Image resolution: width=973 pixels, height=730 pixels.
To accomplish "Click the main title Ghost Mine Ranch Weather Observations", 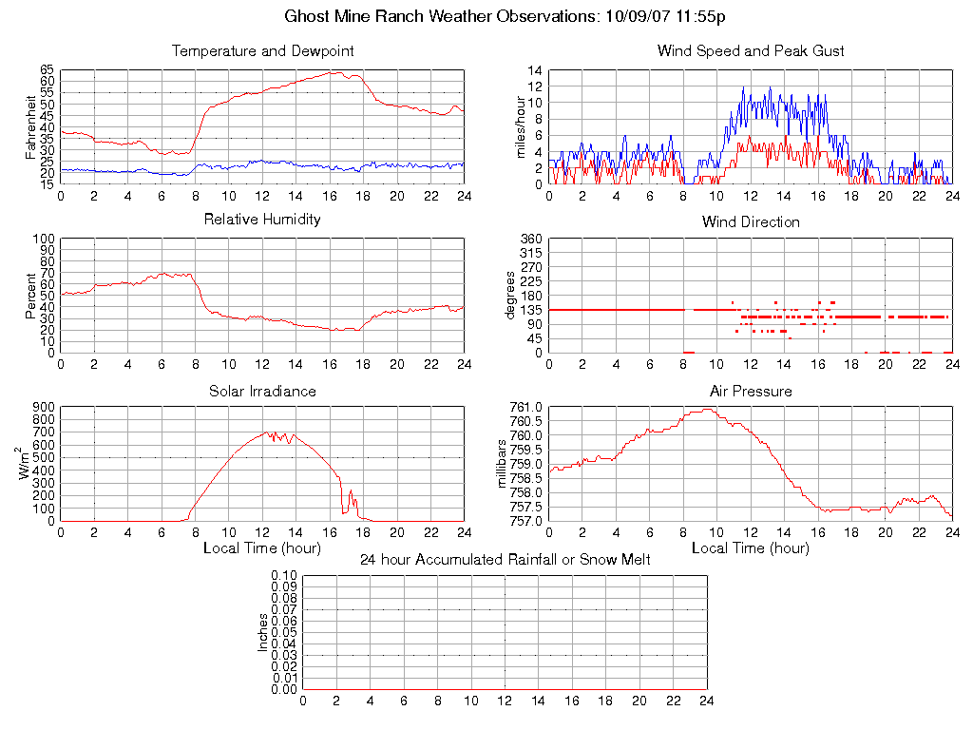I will [x=506, y=16].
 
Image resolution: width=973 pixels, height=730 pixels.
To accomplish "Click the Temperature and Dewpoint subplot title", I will [x=262, y=50].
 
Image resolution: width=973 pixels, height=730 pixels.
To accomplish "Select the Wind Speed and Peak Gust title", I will [x=751, y=50].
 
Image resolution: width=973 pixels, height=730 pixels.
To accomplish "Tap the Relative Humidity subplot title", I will [x=262, y=220].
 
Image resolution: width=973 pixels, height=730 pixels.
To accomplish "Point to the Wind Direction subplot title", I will [x=751, y=221].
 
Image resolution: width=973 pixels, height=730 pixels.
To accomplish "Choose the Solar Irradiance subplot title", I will [x=262, y=391].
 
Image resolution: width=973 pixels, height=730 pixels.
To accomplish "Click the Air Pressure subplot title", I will [x=751, y=391].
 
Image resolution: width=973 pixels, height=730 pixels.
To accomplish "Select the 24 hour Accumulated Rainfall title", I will [x=506, y=560].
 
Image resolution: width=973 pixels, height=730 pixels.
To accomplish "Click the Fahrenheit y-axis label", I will [x=30, y=126].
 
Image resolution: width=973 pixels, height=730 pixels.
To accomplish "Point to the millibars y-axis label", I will [x=504, y=464].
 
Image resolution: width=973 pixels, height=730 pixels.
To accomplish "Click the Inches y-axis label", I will [x=263, y=632].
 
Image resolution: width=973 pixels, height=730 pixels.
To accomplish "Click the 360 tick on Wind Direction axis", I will [x=531, y=239].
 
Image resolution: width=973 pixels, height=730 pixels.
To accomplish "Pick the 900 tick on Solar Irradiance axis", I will [x=44, y=408].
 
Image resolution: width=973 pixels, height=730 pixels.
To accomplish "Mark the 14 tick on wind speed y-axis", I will [x=535, y=70].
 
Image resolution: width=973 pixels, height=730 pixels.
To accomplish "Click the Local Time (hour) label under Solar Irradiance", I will [x=262, y=548].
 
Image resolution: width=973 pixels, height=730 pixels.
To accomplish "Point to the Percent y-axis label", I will [x=30, y=296].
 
